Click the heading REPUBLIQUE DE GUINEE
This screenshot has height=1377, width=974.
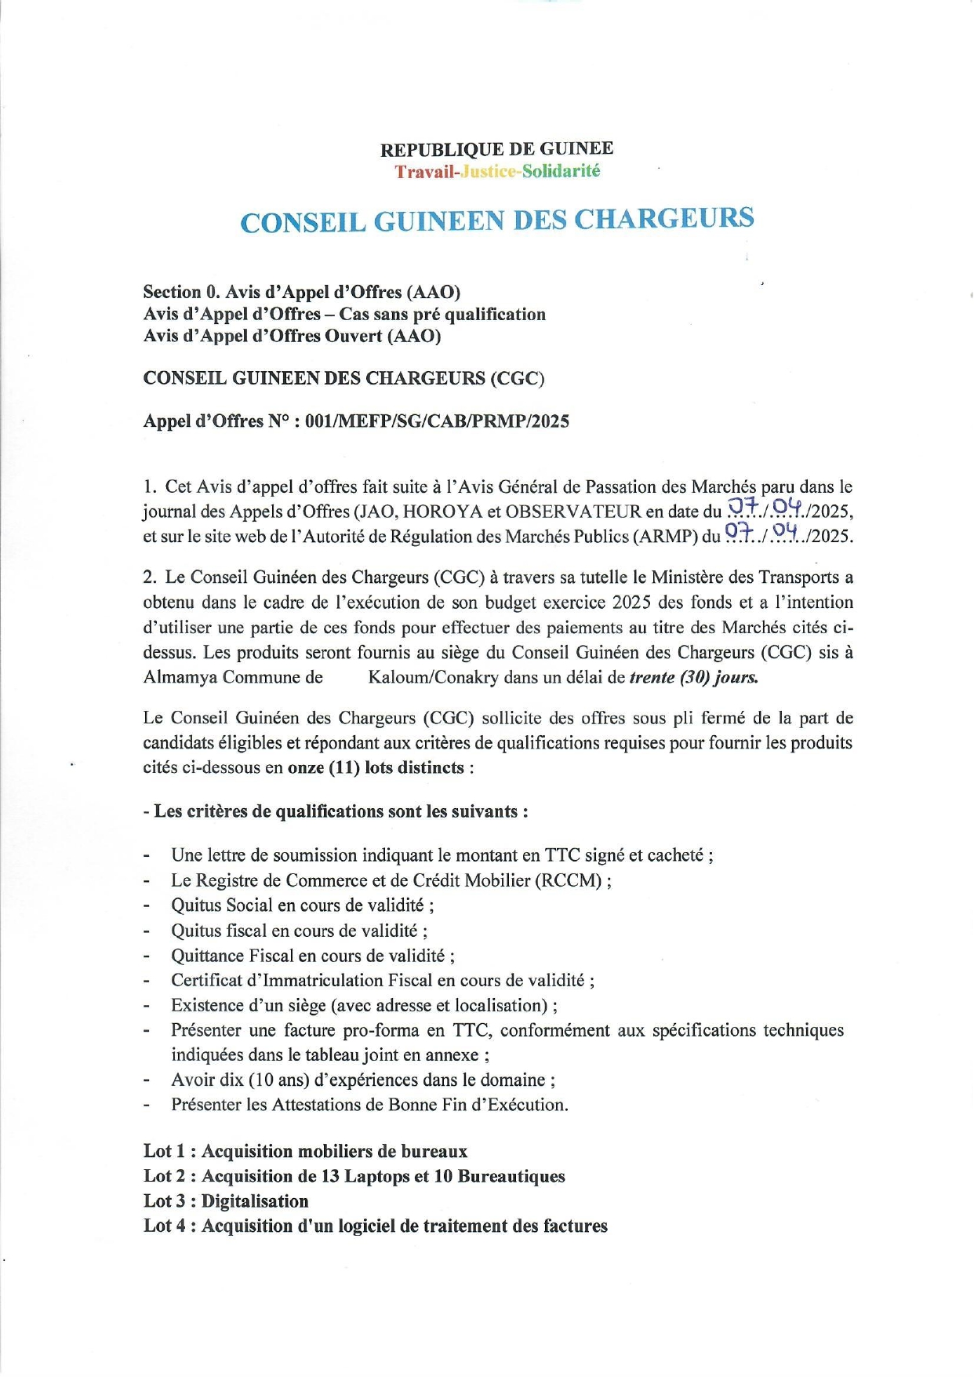click(x=496, y=149)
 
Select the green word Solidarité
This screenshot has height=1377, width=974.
click(x=561, y=171)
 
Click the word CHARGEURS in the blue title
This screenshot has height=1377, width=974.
click(x=664, y=219)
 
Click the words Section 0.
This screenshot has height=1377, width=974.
click(x=182, y=293)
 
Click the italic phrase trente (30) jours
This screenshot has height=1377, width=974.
click(x=693, y=677)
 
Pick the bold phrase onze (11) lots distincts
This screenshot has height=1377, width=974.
click(x=376, y=767)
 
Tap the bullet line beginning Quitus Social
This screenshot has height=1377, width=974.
click(x=302, y=905)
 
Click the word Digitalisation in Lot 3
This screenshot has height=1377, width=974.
click(x=255, y=1201)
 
